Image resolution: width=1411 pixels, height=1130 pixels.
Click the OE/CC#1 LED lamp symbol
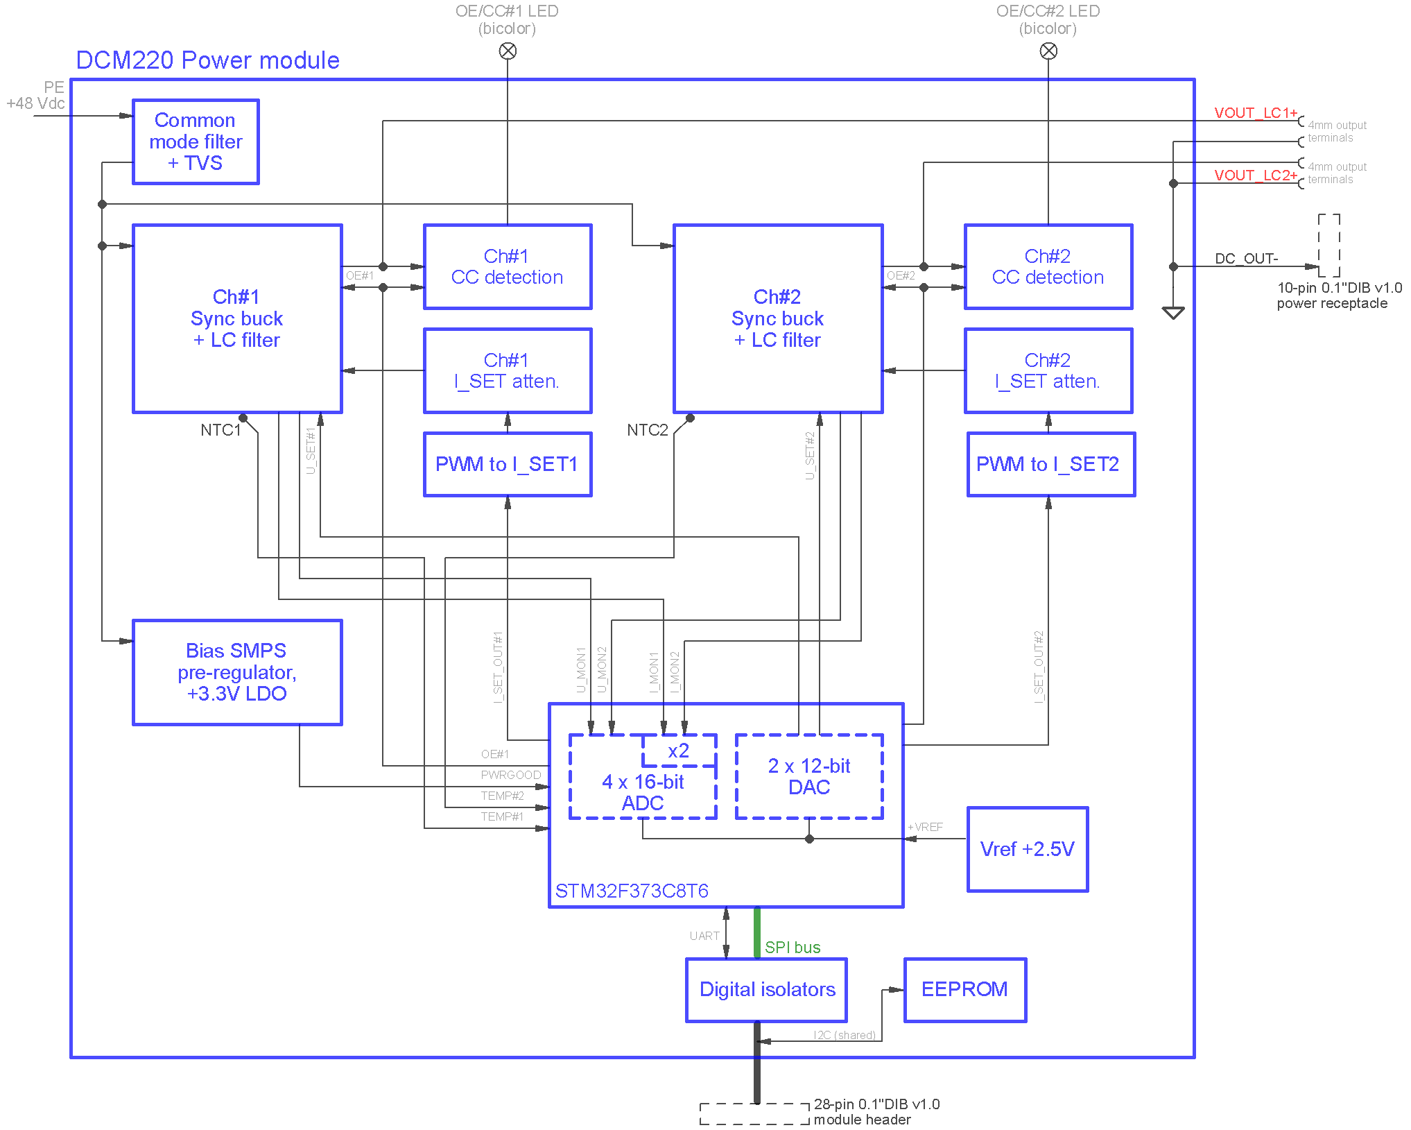click(508, 51)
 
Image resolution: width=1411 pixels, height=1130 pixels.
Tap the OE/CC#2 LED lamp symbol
click(1048, 51)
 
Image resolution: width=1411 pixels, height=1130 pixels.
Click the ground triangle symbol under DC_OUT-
click(1173, 313)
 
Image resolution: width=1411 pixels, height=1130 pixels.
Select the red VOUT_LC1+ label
click(1256, 112)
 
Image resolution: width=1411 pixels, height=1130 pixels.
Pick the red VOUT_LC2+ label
click(1256, 175)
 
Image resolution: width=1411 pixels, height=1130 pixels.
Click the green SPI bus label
click(793, 948)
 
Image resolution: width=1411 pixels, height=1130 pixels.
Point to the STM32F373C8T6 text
click(632, 891)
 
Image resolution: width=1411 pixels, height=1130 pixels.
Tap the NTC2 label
click(648, 430)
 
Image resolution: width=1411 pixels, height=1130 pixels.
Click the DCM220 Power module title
click(207, 60)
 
